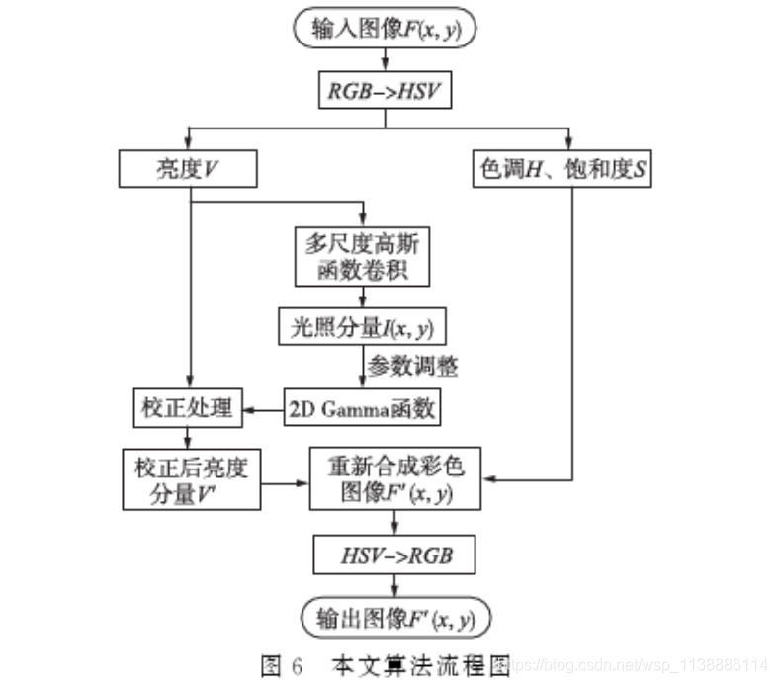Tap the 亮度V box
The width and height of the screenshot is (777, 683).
pyautogui.click(x=187, y=169)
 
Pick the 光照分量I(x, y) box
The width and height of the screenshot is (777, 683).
pyautogui.click(x=363, y=326)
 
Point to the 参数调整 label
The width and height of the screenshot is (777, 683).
pyautogui.click(x=412, y=366)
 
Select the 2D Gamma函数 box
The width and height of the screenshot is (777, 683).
pyautogui.click(x=363, y=407)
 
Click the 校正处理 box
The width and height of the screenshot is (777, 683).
pyautogui.click(x=187, y=407)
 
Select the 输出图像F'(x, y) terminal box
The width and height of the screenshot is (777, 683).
pyautogui.click(x=394, y=619)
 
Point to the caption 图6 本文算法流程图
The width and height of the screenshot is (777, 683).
pyautogui.click(x=386, y=665)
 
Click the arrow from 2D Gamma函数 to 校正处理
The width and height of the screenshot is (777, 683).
pyautogui.click(x=264, y=407)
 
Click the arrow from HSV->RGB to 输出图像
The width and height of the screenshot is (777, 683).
pyautogui.click(x=394, y=586)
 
